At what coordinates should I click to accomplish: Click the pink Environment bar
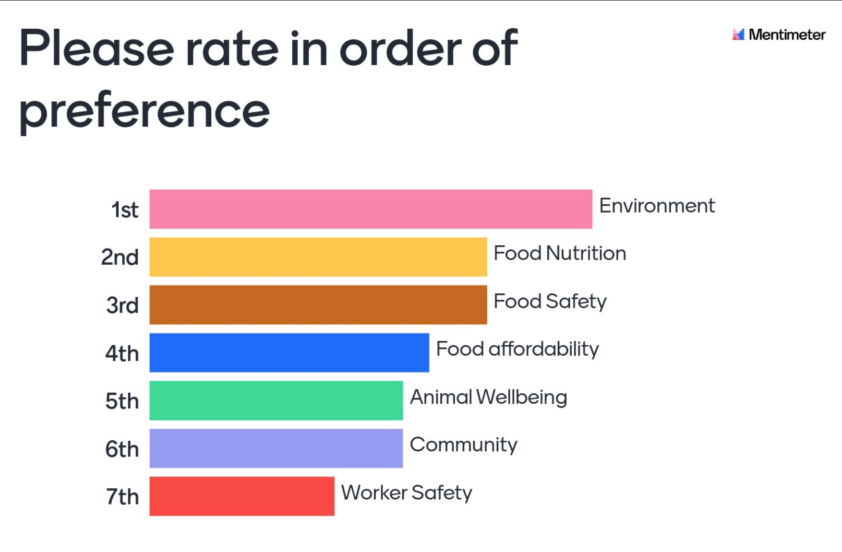tap(370, 209)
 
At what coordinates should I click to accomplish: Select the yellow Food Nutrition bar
tap(318, 257)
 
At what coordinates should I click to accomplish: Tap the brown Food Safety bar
tap(318, 304)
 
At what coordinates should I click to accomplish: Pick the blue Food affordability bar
tap(289, 353)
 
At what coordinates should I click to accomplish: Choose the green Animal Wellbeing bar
tap(276, 401)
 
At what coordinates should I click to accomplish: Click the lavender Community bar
tap(276, 448)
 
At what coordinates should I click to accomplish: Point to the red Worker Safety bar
tap(242, 496)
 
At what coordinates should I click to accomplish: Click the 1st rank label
tap(125, 210)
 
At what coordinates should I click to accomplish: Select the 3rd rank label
tap(123, 306)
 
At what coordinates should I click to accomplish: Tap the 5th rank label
tap(122, 402)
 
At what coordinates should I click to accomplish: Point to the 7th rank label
tap(123, 497)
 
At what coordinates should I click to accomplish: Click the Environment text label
tap(657, 206)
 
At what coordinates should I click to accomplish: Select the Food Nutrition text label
tap(560, 254)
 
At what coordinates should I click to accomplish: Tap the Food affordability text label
tap(518, 349)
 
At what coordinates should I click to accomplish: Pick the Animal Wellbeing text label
tap(488, 397)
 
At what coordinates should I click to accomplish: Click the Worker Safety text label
tap(406, 493)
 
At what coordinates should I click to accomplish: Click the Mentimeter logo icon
tap(738, 34)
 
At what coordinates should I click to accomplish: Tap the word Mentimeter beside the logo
tap(787, 35)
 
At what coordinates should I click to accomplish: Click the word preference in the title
tap(145, 111)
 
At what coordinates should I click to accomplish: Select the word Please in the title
tap(97, 49)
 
